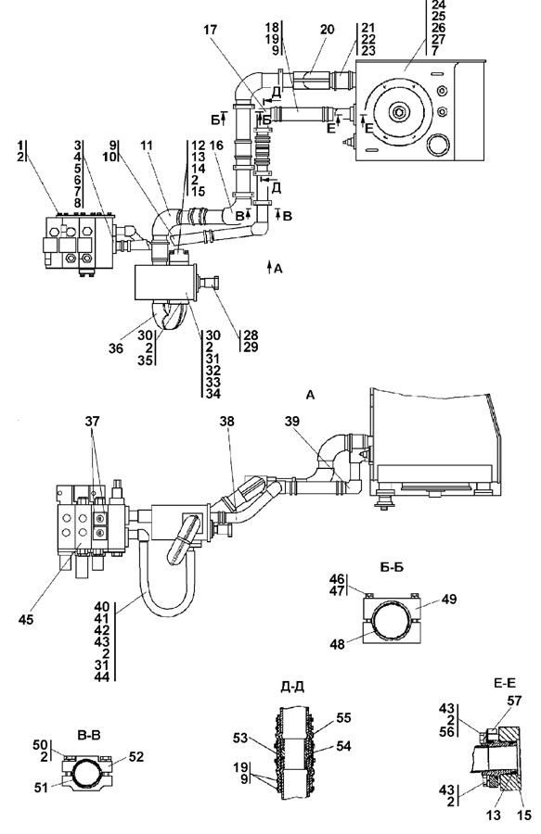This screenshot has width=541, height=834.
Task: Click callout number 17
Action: point(211,30)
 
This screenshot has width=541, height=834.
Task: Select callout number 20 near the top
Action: point(327,30)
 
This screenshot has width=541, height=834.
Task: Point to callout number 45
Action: point(26,620)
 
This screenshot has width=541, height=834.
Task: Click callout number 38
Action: point(227,422)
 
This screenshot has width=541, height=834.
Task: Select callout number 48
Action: point(337,644)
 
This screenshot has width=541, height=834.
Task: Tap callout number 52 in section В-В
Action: point(136,756)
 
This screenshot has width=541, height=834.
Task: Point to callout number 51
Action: point(41,788)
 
